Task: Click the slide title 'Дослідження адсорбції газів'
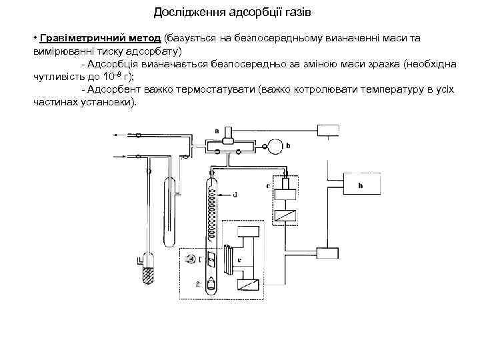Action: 232,12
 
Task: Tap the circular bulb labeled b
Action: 273,144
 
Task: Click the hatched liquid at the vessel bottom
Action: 147,273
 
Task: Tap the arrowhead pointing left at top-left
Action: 116,135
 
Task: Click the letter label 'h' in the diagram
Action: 361,185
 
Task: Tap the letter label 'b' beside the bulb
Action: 287,145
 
